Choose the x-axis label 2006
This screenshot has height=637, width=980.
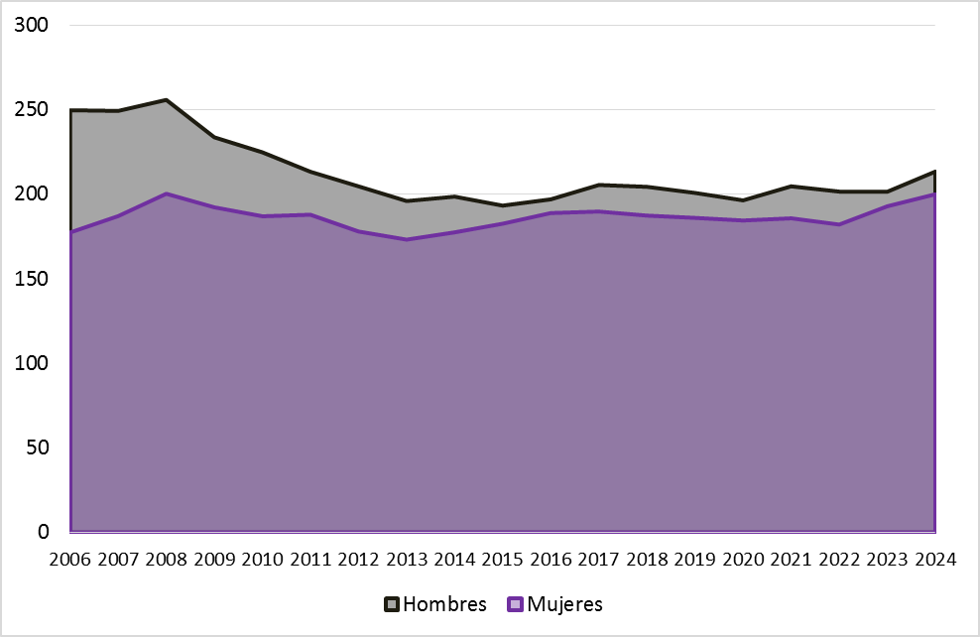click(70, 559)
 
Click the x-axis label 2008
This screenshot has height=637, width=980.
click(167, 559)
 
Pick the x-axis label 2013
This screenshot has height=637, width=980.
click(407, 559)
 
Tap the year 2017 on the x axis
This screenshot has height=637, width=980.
click(599, 559)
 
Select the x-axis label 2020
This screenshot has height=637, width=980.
click(743, 559)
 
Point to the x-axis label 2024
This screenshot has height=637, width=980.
click(934, 559)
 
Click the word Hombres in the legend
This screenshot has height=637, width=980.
click(445, 604)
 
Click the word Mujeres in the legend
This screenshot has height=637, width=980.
click(564, 604)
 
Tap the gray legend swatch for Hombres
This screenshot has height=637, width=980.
click(392, 604)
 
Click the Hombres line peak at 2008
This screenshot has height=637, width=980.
click(167, 100)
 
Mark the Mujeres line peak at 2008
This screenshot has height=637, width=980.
click(167, 193)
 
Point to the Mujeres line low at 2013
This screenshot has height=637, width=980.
click(407, 239)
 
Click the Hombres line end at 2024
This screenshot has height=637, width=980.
click(934, 172)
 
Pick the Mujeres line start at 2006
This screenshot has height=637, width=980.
click(71, 232)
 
